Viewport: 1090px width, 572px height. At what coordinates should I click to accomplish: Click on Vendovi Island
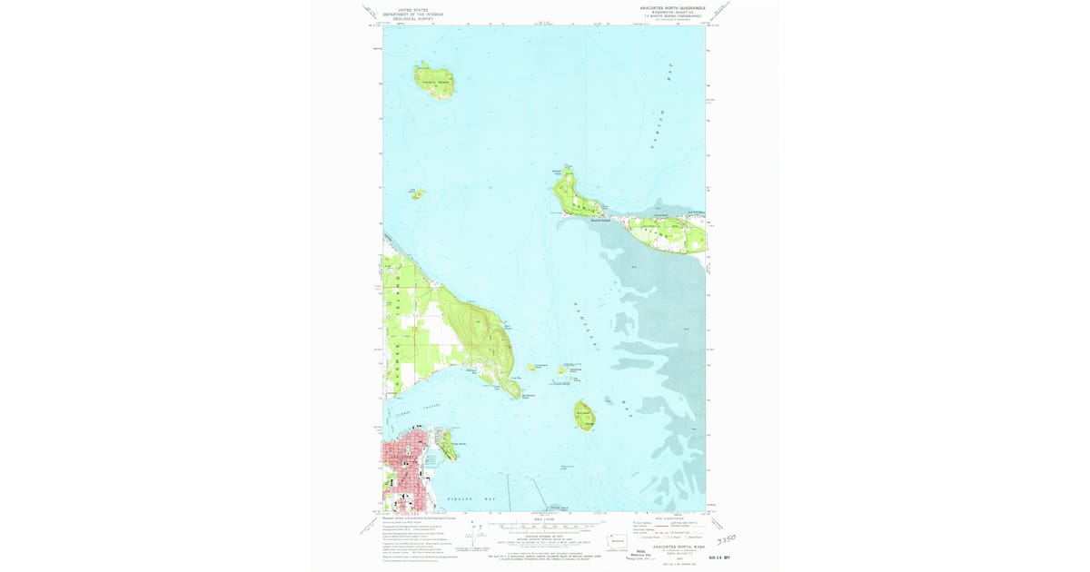coord(434,80)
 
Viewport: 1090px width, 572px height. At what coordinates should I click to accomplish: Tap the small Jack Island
coord(417,193)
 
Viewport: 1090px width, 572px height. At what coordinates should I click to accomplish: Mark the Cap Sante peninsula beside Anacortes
coord(447,445)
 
